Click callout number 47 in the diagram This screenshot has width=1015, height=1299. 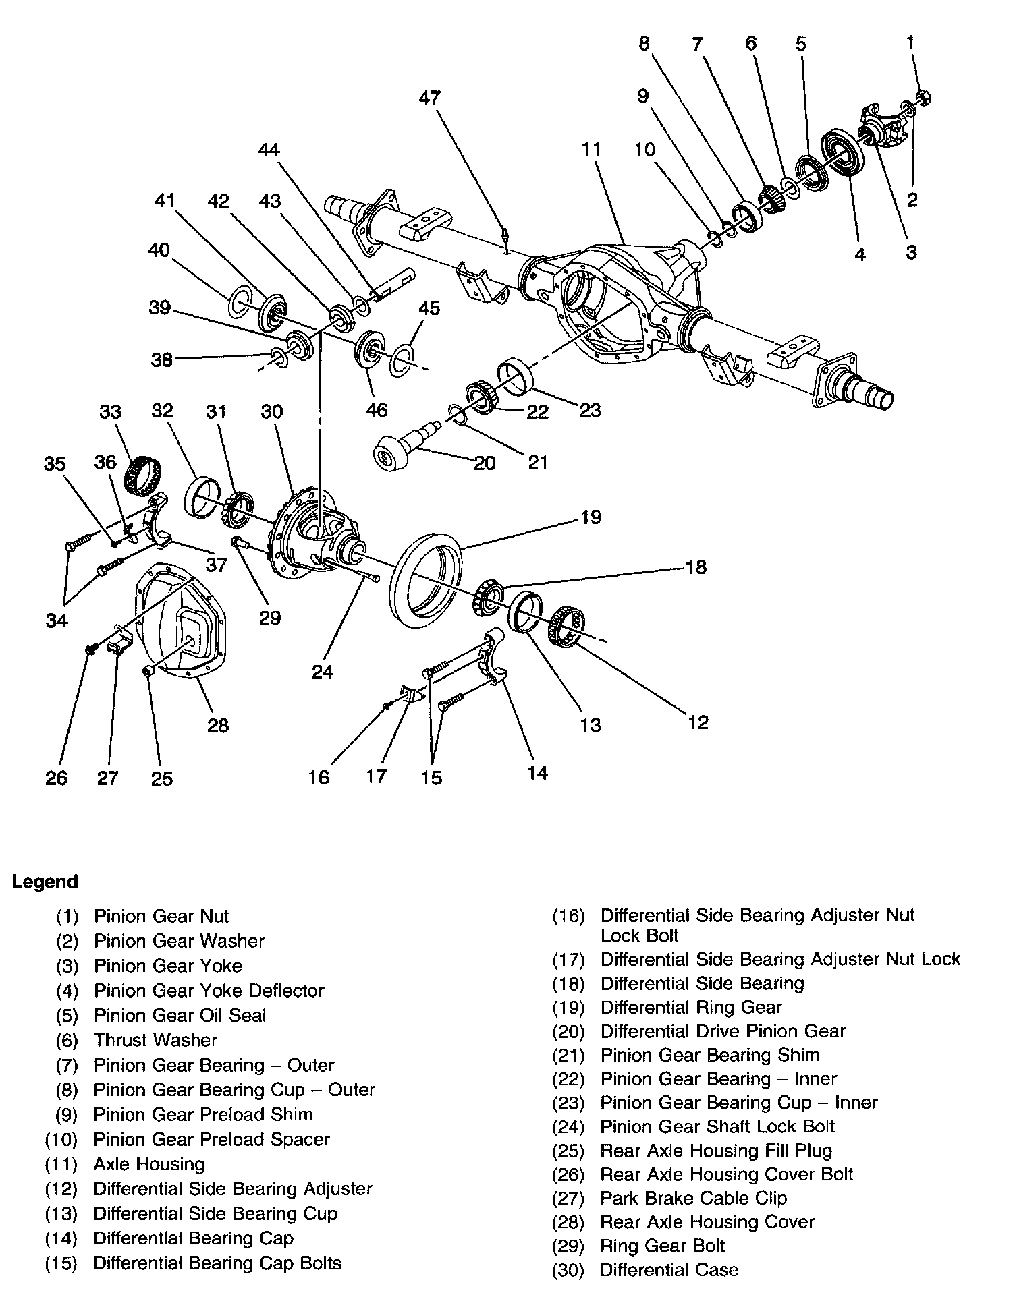coord(429,98)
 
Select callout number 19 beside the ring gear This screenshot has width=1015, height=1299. coord(591,518)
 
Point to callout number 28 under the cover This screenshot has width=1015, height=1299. coord(218,725)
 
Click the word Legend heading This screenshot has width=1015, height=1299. coord(45,882)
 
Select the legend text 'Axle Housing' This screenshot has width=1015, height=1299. coord(148,1164)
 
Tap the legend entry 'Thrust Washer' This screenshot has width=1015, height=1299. coord(155,1040)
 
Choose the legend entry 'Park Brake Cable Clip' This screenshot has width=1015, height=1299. coord(693,1198)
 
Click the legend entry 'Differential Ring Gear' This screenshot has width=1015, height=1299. coord(690,1007)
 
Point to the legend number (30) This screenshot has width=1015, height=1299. coord(568,1271)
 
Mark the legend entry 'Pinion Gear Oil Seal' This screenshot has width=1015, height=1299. coord(180,1015)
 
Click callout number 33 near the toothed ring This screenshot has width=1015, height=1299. coord(110,411)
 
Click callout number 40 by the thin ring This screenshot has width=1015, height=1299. coord(159,250)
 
